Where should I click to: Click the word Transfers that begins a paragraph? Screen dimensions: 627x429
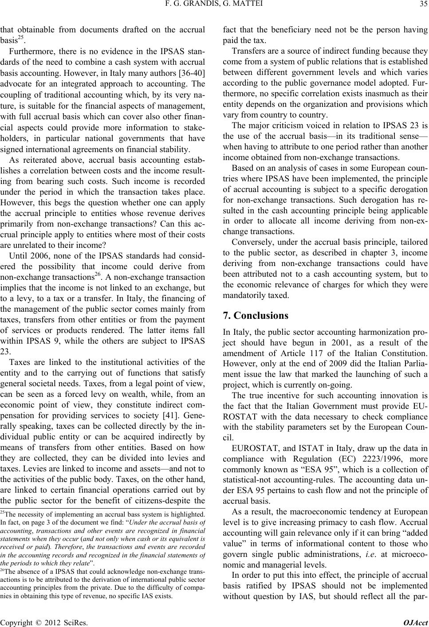(246, 50)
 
